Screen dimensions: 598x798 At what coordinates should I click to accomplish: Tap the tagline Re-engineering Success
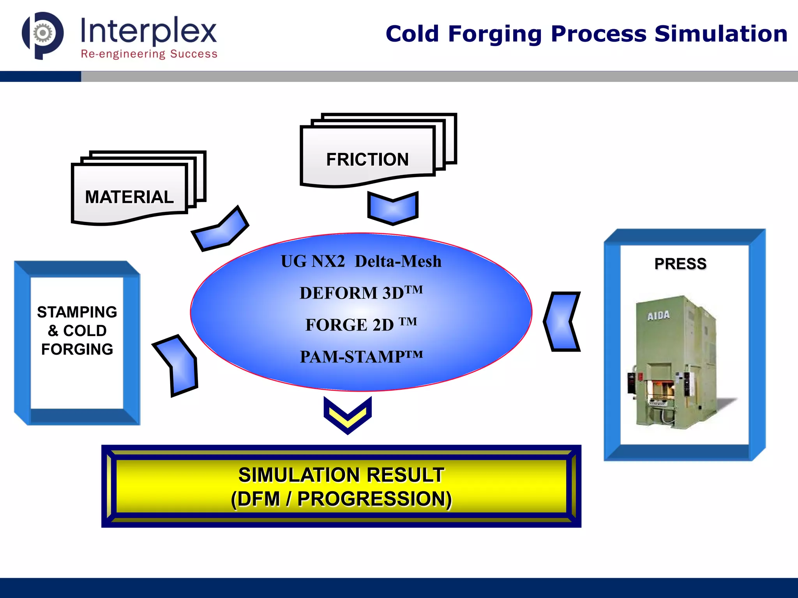[149, 54]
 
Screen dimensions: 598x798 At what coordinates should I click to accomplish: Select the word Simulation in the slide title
[720, 34]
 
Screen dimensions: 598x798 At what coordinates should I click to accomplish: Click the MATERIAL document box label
[129, 197]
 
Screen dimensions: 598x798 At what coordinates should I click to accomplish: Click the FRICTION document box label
[367, 159]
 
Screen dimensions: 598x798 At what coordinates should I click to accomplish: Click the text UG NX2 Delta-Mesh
[361, 261]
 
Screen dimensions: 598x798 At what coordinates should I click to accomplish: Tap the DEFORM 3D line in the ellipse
[361, 293]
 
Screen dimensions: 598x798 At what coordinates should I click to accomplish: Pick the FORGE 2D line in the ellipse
[361, 324]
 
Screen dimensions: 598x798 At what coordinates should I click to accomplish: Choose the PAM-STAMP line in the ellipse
[361, 356]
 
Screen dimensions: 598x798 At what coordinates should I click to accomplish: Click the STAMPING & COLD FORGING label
[77, 331]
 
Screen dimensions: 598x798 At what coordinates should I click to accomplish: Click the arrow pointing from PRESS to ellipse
[561, 322]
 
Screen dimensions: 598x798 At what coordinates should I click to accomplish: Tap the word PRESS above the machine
[680, 264]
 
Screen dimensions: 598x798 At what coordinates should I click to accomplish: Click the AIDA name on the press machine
[658, 315]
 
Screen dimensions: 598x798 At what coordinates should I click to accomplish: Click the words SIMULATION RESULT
[341, 475]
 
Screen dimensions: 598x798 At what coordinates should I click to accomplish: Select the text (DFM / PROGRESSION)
[341, 499]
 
